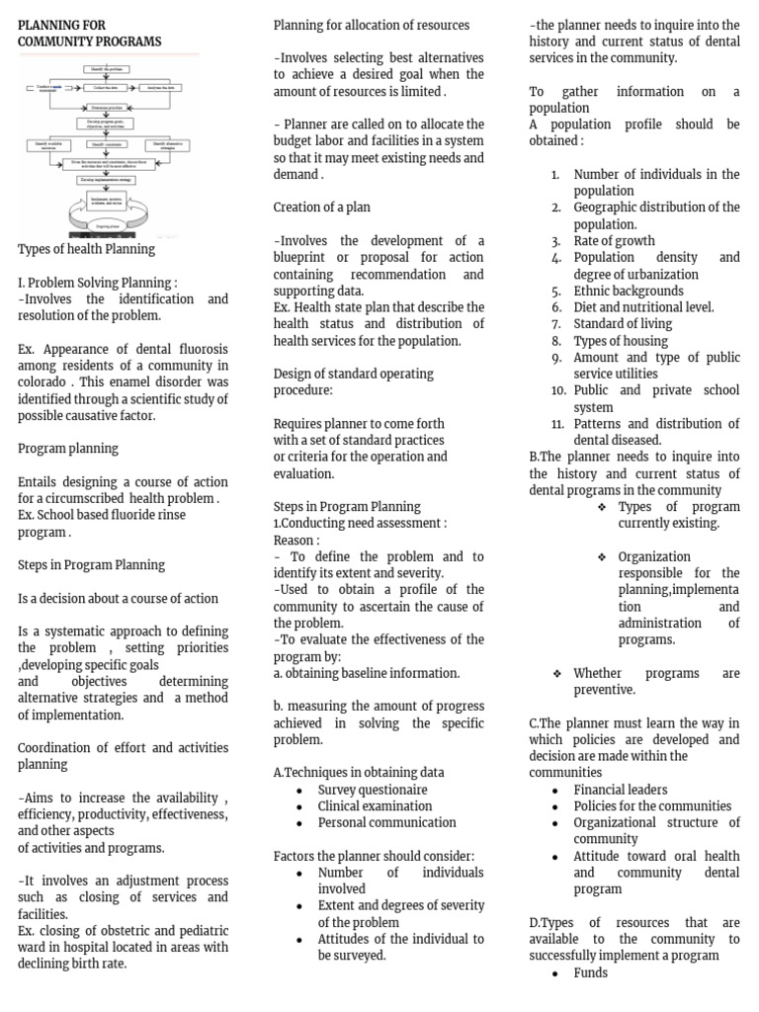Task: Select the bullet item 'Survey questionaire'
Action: click(373, 790)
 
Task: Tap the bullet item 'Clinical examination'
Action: click(375, 805)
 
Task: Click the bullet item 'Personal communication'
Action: click(386, 822)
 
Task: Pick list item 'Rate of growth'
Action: click(614, 241)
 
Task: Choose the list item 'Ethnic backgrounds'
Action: click(629, 291)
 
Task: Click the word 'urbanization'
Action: click(657, 275)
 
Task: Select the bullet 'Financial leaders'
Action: click(621, 790)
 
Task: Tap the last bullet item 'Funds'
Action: click(591, 972)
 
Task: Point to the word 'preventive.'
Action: click(605, 690)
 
